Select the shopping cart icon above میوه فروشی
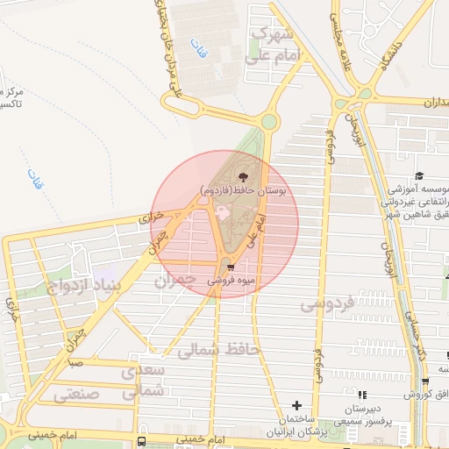(x=231, y=268)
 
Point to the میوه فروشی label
(x=231, y=282)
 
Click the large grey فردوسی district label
(x=326, y=304)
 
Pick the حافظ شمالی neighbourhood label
(x=219, y=351)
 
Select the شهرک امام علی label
(x=276, y=45)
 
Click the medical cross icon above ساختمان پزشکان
(x=296, y=405)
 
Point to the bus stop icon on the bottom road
(x=142, y=440)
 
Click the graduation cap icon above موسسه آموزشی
(x=419, y=176)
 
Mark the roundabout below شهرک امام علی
(x=269, y=121)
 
